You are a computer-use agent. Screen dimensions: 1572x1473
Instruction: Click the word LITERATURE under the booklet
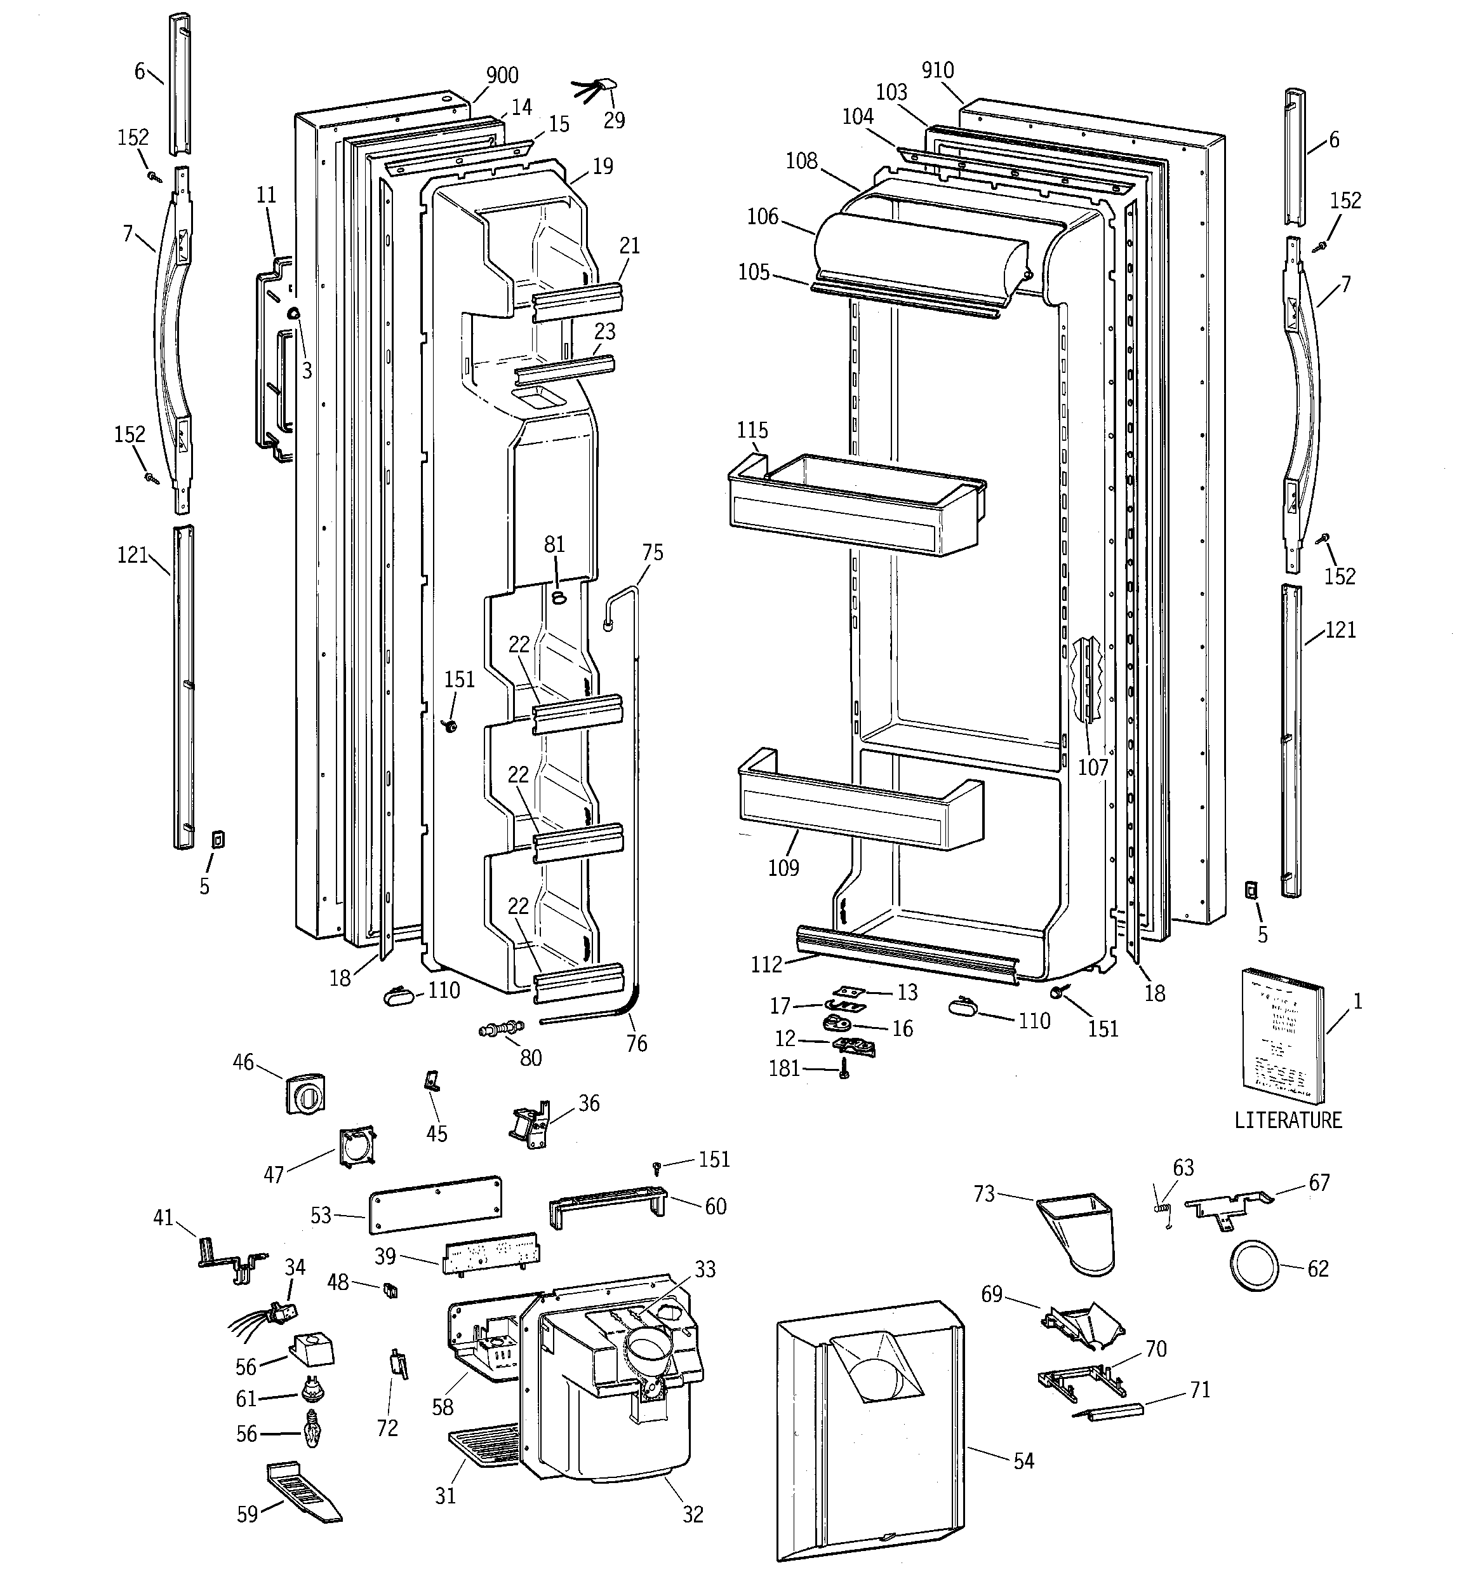click(1288, 1120)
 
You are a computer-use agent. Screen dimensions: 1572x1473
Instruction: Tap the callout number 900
click(502, 75)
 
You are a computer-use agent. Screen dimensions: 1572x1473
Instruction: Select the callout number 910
click(938, 71)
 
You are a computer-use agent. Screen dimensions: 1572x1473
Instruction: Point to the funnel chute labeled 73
click(1079, 1230)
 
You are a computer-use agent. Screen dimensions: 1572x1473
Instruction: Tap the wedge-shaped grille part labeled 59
click(302, 1491)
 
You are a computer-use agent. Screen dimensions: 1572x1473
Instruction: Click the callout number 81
click(554, 544)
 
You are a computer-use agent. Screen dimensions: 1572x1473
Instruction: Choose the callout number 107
click(1093, 766)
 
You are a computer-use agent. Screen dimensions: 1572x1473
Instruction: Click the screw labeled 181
click(844, 1072)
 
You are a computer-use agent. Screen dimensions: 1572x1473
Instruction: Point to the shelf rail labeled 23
click(564, 368)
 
